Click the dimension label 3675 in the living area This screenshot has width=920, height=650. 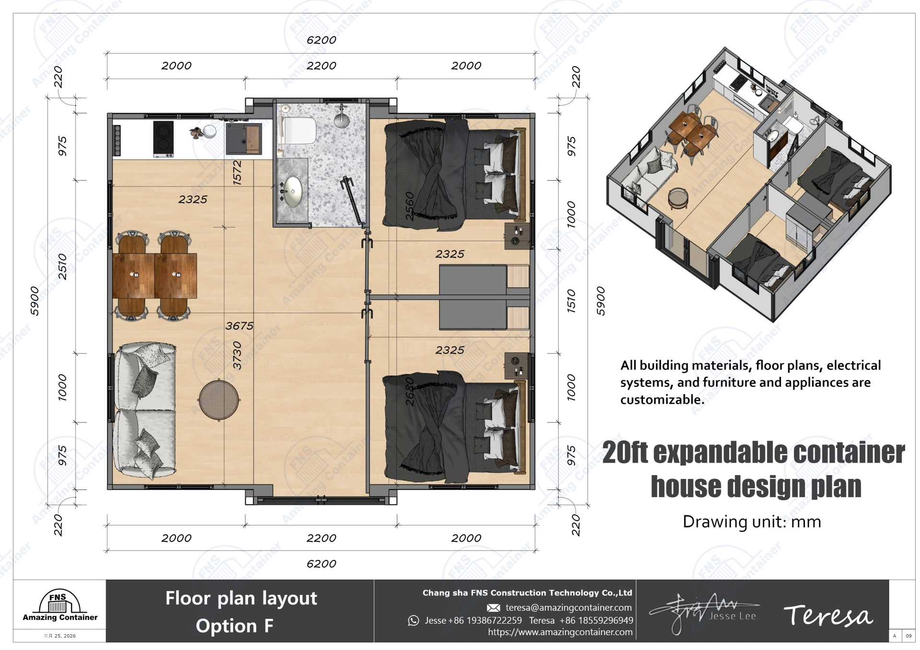[239, 326]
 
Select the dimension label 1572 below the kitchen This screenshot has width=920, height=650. [237, 172]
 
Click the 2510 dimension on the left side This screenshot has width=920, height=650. [63, 267]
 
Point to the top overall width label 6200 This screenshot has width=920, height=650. [321, 40]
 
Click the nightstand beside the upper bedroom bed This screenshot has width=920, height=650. [517, 236]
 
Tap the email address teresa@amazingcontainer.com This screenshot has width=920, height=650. [568, 608]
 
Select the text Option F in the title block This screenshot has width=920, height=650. [234, 626]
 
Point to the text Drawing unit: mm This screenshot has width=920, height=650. [751, 522]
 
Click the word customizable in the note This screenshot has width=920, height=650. [662, 400]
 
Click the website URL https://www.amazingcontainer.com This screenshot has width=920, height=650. [560, 632]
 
